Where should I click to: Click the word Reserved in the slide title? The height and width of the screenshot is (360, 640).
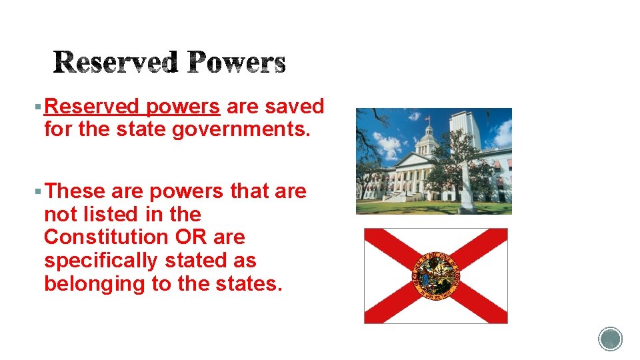(x=116, y=63)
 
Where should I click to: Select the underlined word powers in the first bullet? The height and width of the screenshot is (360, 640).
(x=183, y=107)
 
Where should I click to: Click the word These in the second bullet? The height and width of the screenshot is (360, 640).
(x=75, y=191)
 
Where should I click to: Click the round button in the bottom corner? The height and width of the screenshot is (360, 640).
(x=610, y=339)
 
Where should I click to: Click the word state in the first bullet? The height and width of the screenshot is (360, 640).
(x=145, y=129)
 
